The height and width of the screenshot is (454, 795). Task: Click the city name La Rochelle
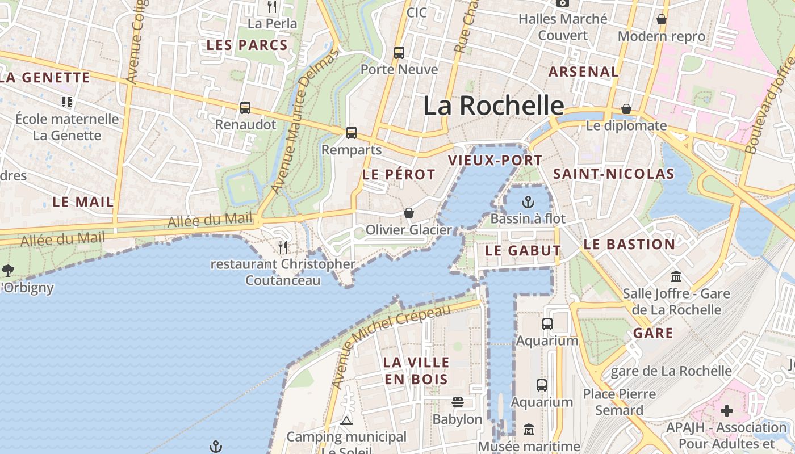[x=493, y=106]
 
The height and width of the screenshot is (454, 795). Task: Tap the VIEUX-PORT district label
[x=495, y=161]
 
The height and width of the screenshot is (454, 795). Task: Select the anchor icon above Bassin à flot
[x=528, y=202]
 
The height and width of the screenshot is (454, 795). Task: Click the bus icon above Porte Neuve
[x=399, y=53]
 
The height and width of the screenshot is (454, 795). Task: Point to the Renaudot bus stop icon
[x=245, y=108]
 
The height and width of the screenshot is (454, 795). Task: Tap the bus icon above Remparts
[x=352, y=133]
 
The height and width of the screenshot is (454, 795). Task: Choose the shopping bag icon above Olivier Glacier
[x=408, y=213]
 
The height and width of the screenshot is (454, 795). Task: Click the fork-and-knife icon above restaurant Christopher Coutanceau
[x=283, y=247]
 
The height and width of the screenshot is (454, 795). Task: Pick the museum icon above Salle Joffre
[x=676, y=277]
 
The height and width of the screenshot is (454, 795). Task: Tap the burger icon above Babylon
[x=457, y=402]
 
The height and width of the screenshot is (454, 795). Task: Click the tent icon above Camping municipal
[x=346, y=421]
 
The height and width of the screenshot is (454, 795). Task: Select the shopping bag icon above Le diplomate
[x=626, y=108]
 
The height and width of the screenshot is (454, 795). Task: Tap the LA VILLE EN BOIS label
[x=416, y=371]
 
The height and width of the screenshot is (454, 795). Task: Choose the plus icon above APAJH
[x=727, y=410]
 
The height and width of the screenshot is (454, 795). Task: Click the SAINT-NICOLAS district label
[x=613, y=174]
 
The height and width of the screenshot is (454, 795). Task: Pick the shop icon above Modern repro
[x=662, y=19]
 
